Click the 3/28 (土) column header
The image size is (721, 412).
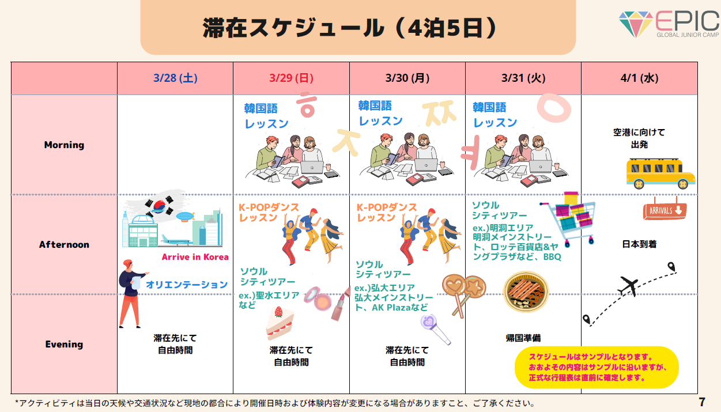(x=175, y=78)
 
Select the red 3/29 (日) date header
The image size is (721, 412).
(x=291, y=78)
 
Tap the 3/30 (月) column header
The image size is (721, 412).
(x=407, y=78)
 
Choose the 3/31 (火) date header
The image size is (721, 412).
(x=523, y=78)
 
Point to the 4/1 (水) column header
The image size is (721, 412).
(x=639, y=78)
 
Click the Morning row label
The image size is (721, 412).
(x=64, y=145)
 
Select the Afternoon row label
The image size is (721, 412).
(x=64, y=245)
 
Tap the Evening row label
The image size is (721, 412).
(x=64, y=345)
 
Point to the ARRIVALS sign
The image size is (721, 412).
(x=665, y=211)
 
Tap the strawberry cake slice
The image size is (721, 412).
(x=280, y=322)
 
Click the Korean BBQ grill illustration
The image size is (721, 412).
(x=526, y=292)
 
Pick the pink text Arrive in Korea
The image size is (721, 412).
(x=195, y=257)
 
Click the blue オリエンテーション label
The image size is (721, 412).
(x=187, y=285)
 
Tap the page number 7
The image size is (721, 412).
(x=701, y=402)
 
